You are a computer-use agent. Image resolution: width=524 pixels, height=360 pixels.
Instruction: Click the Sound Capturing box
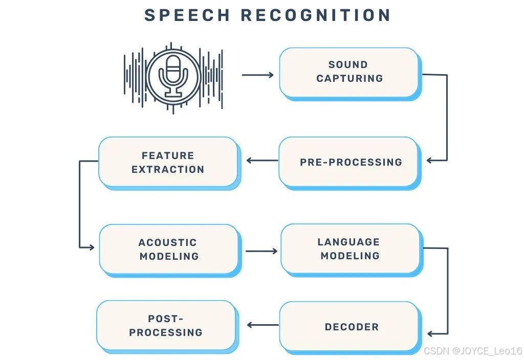(x=348, y=72)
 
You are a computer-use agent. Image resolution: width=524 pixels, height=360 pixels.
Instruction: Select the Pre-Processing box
(x=348, y=162)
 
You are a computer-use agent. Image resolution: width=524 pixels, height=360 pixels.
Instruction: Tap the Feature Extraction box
(x=168, y=162)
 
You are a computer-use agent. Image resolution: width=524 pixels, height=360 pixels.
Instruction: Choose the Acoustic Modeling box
(x=168, y=249)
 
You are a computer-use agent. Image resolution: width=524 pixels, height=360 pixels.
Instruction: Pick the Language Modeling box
(x=350, y=249)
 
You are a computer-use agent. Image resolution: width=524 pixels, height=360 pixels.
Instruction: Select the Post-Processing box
(x=166, y=325)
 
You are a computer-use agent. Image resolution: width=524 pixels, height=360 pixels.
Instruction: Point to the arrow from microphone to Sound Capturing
(x=257, y=75)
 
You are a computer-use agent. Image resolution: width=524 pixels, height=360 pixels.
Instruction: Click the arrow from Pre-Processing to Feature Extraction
(x=262, y=161)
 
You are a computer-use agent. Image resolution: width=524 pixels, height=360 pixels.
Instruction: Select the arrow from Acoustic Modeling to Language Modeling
(x=261, y=251)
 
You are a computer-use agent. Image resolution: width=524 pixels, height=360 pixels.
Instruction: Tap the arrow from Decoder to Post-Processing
(x=263, y=324)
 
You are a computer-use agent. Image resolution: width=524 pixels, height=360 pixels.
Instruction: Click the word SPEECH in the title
(x=187, y=15)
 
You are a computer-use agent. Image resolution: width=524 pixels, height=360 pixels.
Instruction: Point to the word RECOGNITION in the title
(x=316, y=15)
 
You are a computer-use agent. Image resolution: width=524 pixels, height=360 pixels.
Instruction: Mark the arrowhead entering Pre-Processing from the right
(x=430, y=161)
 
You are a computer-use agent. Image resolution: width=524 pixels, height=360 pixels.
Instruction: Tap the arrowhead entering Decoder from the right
(x=431, y=334)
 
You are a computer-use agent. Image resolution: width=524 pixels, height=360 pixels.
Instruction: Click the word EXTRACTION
(x=168, y=169)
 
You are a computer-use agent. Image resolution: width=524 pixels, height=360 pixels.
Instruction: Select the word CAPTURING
(x=350, y=78)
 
